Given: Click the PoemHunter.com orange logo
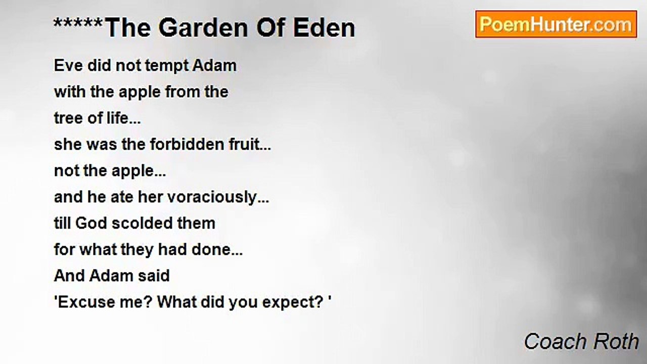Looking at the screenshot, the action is [556, 24].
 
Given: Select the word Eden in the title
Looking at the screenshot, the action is [324, 28].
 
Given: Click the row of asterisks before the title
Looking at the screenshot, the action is [78, 23].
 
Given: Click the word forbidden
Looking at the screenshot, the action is [187, 144].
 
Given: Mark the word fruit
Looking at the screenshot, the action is [245, 144].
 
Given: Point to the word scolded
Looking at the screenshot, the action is [142, 223].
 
